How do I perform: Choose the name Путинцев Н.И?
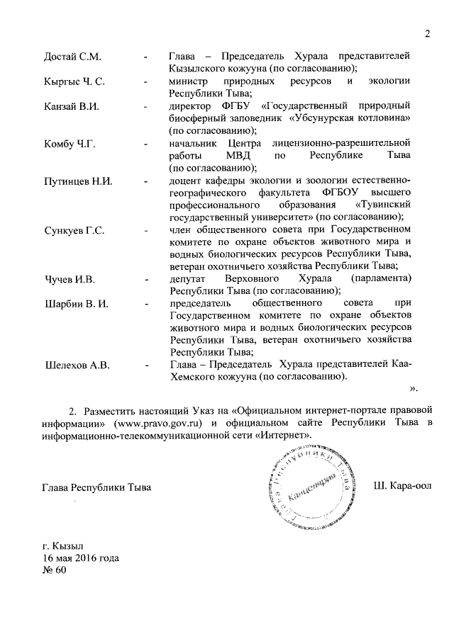(78, 181)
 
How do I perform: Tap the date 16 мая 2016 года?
(81, 558)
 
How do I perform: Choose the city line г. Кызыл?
(63, 546)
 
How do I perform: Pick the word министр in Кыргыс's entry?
(189, 81)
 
